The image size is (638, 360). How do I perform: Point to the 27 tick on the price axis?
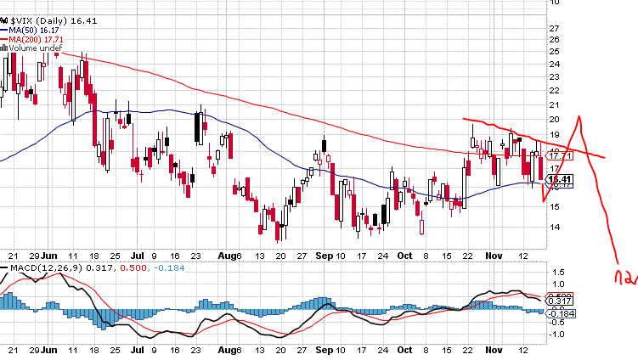coord(554,28)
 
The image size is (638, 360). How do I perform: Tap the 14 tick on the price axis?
coord(554,227)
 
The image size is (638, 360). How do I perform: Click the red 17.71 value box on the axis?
coord(558,155)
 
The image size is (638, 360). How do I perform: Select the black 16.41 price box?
coord(558,179)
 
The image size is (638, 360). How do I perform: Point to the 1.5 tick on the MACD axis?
coord(556,273)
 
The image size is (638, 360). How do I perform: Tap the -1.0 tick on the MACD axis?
coord(557,333)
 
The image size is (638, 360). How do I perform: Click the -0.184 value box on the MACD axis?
coord(560,312)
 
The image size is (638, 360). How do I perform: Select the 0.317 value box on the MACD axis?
coord(559,301)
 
